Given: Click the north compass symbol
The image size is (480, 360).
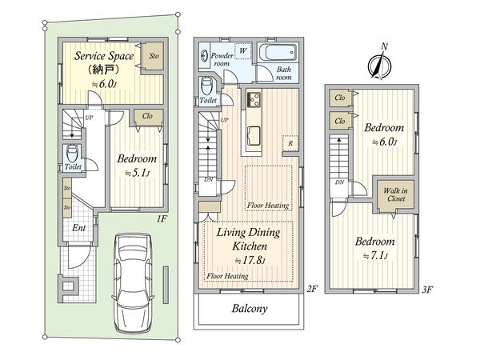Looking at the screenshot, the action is click(379, 66).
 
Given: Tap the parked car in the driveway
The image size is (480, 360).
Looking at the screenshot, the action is click(133, 283).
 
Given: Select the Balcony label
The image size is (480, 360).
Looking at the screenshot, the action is click(250, 309).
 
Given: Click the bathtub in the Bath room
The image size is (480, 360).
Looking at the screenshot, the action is click(278, 53).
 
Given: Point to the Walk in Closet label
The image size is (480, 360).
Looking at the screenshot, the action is click(396, 194).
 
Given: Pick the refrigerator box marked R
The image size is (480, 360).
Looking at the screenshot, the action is click(290, 143).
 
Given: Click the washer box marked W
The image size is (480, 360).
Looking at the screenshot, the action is click(242, 50).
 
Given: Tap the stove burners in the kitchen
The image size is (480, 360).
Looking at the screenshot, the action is click(254, 99).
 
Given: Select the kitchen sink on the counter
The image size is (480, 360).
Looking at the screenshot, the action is click(254, 136).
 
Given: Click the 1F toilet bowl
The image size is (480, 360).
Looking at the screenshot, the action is click(73, 154).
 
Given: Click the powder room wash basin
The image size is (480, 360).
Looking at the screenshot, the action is click(204, 56).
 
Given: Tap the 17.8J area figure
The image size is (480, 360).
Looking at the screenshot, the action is click(250, 261).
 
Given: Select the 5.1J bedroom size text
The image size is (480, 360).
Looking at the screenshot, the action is click(137, 174).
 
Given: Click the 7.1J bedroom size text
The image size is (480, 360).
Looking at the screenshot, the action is click(375, 256).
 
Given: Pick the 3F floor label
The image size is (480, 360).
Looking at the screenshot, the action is click(427, 290).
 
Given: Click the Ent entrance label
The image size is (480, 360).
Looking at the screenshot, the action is click(78, 228).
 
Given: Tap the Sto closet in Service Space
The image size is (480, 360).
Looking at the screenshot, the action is click(154, 56).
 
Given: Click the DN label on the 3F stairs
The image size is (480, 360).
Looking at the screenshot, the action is click(339, 182).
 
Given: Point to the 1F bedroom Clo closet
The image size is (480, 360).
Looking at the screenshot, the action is click(147, 116).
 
